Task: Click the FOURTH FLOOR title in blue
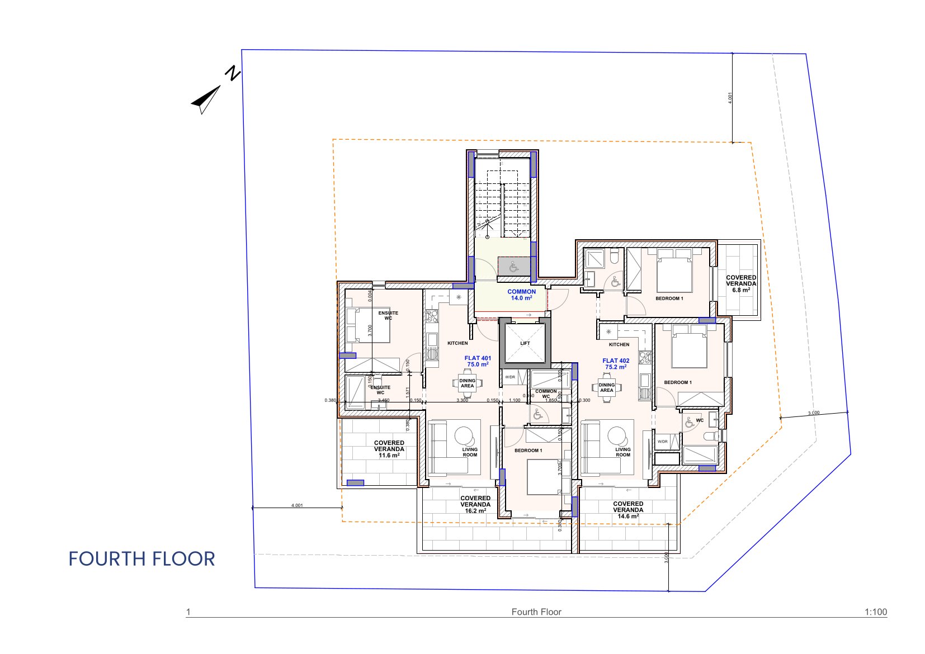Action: coord(141,559)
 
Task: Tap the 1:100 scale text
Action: coord(875,612)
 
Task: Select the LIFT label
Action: coord(525,343)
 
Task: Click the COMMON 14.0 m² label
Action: coord(521,295)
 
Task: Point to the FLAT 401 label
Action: coord(478,361)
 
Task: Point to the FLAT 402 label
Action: coord(616,364)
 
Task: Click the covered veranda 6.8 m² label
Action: coord(741,283)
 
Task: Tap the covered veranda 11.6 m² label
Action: coord(389,449)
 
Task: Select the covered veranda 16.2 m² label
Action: coord(475,504)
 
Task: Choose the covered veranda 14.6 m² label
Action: coord(628,510)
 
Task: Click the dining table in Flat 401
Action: coord(467,383)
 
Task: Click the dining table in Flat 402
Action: coord(606,387)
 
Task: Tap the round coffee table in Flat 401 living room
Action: coord(464,435)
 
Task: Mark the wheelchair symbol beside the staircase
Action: coord(514,267)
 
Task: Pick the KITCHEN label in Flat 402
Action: coord(619,344)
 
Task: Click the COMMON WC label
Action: coord(546,394)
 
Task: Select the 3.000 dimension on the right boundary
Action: coord(814,413)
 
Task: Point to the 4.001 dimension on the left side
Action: coord(297,505)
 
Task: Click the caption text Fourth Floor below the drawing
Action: coord(536,612)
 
